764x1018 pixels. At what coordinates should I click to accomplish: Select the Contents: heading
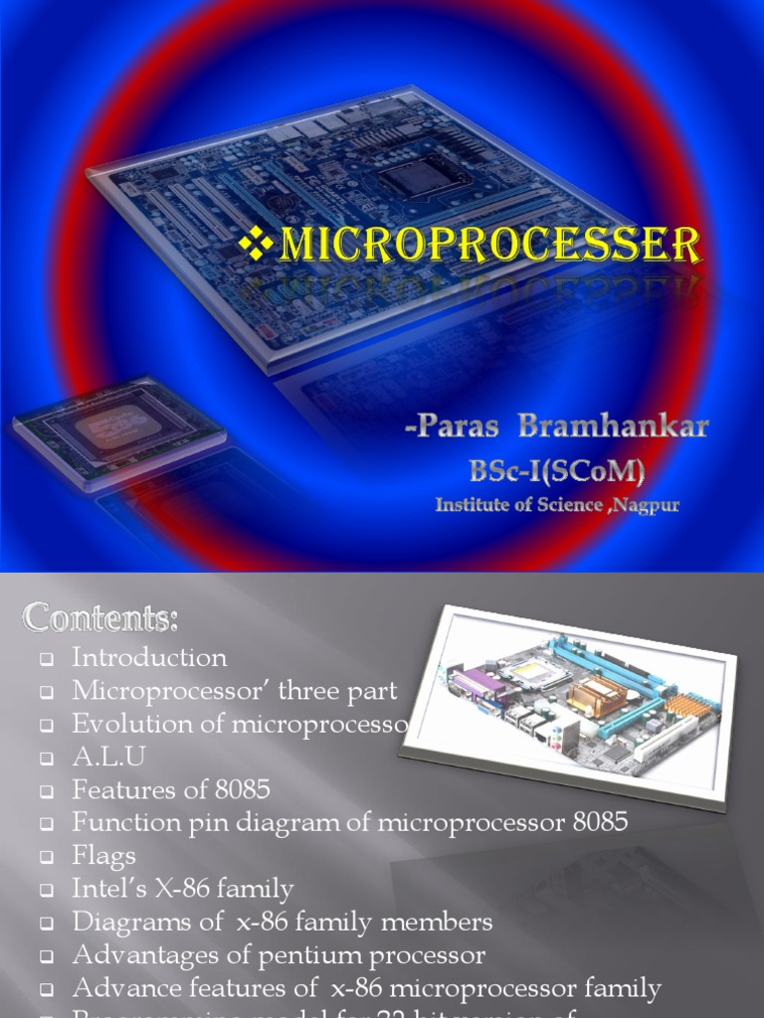tap(101, 619)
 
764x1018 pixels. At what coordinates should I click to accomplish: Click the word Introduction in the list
tap(149, 658)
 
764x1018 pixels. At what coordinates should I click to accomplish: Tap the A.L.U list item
tap(108, 757)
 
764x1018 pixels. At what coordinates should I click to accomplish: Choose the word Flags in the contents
tap(103, 856)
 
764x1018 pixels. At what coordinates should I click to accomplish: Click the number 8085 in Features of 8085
tap(242, 790)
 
